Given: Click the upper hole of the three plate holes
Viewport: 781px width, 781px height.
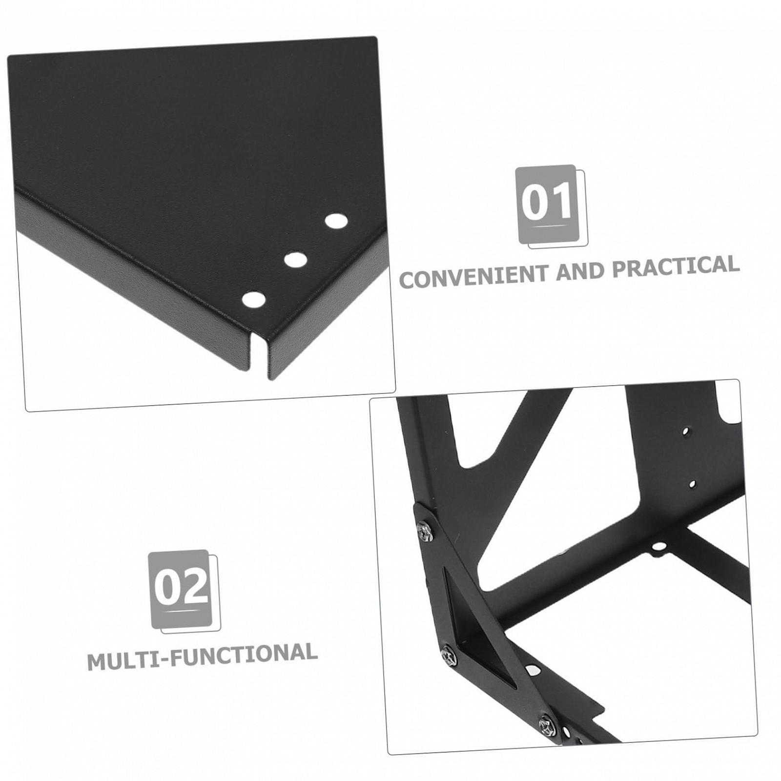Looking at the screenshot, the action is click(x=336, y=221).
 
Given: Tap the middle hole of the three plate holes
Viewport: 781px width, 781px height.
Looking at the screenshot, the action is click(x=295, y=259).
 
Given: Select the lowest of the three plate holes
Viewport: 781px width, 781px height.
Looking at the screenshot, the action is click(x=254, y=299).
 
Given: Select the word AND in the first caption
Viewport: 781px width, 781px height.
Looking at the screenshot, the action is click(x=581, y=271).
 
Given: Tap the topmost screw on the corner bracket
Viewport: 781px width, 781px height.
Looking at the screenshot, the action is click(x=426, y=531).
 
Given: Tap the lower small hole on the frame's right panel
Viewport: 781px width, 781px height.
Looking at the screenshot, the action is click(x=692, y=484).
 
